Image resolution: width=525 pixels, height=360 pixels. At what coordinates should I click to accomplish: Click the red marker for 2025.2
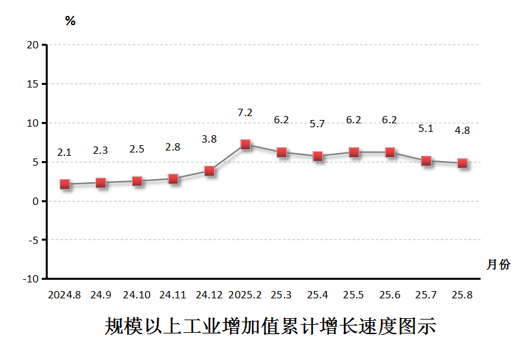point(245,145)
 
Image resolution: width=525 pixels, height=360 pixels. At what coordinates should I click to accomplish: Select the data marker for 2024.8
point(64,184)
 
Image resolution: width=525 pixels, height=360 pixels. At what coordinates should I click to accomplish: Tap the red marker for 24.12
point(209,171)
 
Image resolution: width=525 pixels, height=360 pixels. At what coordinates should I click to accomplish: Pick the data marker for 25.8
point(463,163)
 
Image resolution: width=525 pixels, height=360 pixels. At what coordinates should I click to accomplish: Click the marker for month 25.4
point(318,156)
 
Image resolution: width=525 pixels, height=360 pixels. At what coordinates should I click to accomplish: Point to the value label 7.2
point(245,113)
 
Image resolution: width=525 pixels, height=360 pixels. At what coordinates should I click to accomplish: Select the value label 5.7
point(318,124)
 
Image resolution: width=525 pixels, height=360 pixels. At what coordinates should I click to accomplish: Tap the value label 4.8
point(462,131)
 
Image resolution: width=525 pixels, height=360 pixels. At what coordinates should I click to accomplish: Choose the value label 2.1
point(64,152)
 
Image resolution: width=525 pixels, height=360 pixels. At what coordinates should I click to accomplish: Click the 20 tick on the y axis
point(32,45)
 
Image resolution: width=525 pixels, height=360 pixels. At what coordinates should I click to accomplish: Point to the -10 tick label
point(30,279)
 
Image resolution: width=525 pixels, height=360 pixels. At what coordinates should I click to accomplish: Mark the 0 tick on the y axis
point(35,201)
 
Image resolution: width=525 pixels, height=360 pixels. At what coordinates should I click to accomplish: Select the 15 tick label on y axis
point(32,84)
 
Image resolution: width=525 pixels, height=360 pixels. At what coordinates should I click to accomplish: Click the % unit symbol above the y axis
point(70,21)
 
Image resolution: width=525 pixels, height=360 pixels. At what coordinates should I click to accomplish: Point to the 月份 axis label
point(498,265)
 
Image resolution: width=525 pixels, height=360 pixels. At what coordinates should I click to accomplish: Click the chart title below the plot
point(270,326)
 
